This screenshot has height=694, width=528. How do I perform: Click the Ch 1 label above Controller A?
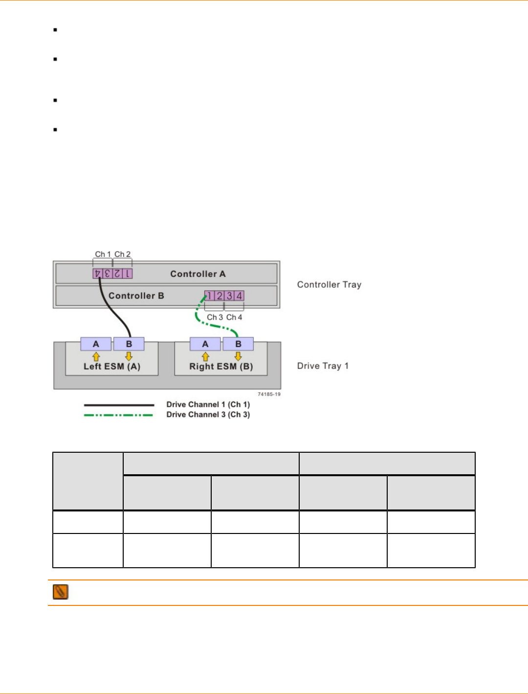(x=103, y=254)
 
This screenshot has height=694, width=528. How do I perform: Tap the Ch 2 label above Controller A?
(x=122, y=254)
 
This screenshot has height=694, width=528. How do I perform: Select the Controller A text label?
(x=198, y=274)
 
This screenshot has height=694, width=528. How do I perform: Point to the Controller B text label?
(x=136, y=296)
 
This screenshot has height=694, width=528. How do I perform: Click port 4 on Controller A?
(x=97, y=274)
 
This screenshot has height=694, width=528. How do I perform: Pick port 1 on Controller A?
(x=128, y=274)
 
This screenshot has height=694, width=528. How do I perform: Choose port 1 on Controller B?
(x=209, y=296)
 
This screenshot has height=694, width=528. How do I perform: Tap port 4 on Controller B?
(x=239, y=296)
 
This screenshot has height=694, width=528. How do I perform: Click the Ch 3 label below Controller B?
(x=215, y=317)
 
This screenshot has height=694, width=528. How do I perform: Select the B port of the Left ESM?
(x=129, y=344)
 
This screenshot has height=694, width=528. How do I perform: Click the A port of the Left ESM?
(x=96, y=344)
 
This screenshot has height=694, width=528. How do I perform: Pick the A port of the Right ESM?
(x=205, y=344)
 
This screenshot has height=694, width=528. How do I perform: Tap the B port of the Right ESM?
(x=239, y=344)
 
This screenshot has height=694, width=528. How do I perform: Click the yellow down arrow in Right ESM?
(x=239, y=356)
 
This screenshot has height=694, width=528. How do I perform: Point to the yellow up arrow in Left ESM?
(x=96, y=357)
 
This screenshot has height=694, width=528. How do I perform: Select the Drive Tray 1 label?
(x=323, y=366)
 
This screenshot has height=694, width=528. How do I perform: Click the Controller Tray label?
(x=329, y=285)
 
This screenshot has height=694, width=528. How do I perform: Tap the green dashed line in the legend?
(x=118, y=415)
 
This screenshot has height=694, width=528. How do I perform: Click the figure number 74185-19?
(x=269, y=394)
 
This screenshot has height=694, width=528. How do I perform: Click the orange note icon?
(x=61, y=592)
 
